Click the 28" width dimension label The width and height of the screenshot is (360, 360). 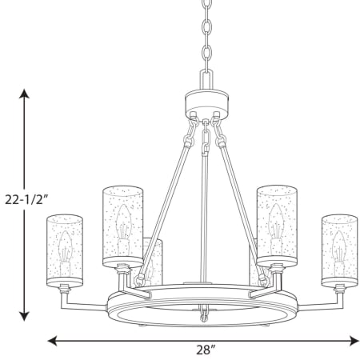(x=206, y=350)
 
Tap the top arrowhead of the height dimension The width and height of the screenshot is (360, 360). (x=24, y=94)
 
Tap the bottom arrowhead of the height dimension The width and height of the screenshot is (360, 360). (x=24, y=317)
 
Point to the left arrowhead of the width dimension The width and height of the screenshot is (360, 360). (x=52, y=341)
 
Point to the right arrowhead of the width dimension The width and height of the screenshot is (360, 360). (x=354, y=341)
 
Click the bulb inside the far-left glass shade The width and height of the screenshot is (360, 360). (x=66, y=254)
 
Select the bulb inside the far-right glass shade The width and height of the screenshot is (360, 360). (x=339, y=254)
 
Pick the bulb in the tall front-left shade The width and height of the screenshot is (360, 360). (x=123, y=230)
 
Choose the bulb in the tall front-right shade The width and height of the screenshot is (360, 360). (x=276, y=230)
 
